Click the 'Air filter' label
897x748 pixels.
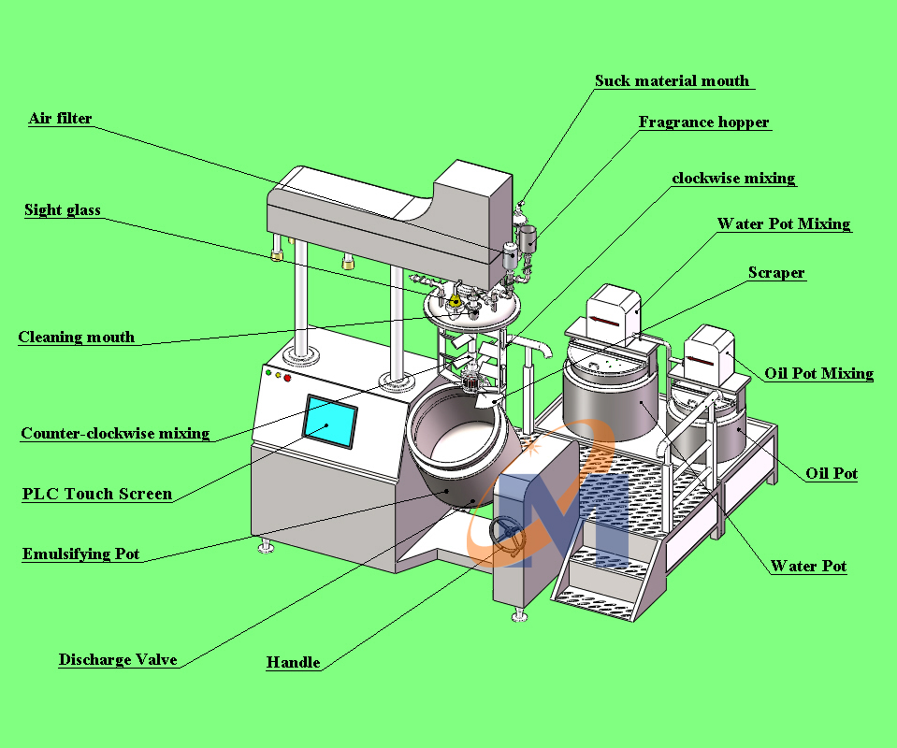coord(61,119)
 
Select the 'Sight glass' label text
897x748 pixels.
coord(63,210)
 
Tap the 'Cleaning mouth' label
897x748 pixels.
coord(77,338)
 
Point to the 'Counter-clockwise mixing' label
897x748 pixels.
coord(115,434)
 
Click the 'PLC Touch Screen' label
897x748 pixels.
coord(97,494)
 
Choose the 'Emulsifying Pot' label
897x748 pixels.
coord(81,554)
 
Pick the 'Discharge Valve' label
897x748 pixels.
coord(118,660)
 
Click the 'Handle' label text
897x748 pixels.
coord(294,663)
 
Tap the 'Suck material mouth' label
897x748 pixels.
coord(673,81)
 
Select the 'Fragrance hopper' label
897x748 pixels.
coord(704,122)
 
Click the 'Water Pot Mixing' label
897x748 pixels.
coord(784,224)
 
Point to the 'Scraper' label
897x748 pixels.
coord(776,273)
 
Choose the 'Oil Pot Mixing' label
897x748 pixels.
coord(819,374)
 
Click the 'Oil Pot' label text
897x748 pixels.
coord(832,474)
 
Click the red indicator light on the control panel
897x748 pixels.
coord(288,378)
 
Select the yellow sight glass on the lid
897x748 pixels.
coord(456,300)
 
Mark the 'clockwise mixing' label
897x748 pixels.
coord(734,179)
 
